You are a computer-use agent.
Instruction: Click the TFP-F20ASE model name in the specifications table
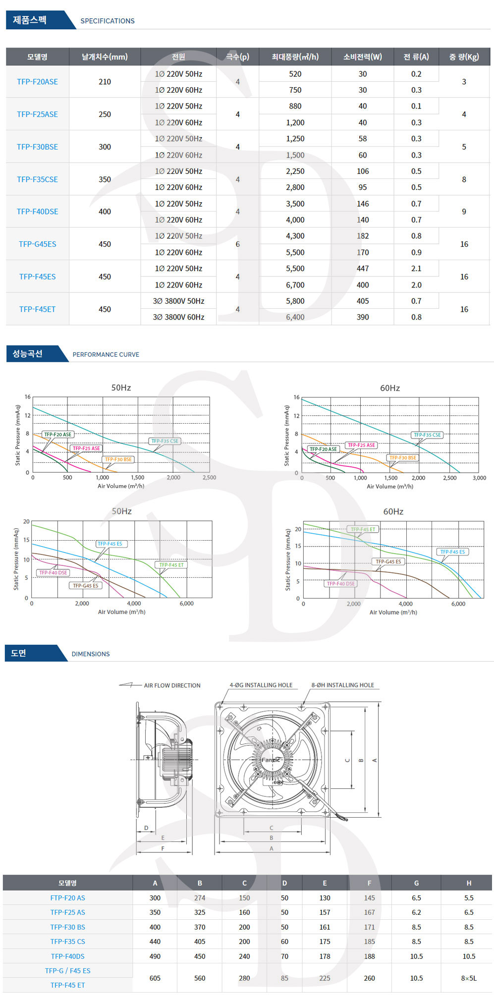37,82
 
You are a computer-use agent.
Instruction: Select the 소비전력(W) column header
363,57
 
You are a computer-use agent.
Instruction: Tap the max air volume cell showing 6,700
295,285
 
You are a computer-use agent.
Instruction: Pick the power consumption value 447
363,269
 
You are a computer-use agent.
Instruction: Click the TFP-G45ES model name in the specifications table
38,244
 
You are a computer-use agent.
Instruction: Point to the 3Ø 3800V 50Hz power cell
178,301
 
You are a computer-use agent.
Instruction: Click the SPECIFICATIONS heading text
108,21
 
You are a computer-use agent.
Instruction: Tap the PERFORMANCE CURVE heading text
106,355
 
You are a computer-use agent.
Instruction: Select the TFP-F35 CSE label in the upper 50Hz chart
165,441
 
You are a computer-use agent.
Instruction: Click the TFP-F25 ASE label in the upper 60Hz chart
361,445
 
